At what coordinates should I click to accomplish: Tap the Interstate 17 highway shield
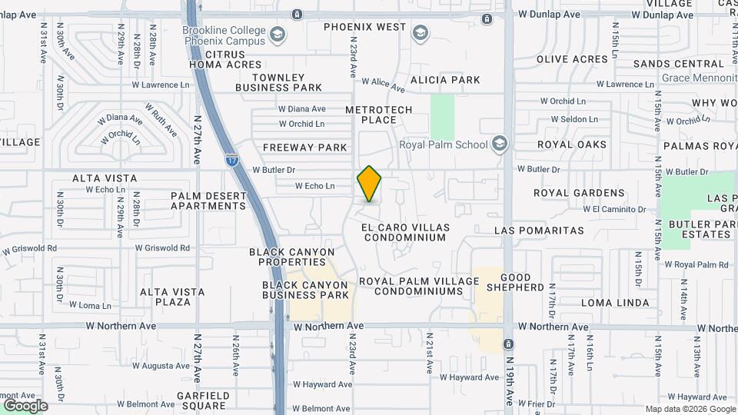tap(232, 161)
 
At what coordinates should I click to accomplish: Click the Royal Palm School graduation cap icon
tap(500, 144)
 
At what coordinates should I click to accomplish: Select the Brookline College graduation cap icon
tap(278, 35)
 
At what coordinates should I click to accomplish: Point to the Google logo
tap(25, 406)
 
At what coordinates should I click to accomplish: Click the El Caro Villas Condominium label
tap(404, 232)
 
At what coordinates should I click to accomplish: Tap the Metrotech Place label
tap(379, 115)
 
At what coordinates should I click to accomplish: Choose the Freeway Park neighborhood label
tap(305, 147)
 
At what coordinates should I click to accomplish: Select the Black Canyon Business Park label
tap(305, 290)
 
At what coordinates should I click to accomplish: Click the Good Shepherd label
tap(522, 282)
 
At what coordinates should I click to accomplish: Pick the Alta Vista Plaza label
tap(172, 297)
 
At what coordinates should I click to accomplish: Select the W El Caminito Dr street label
tap(614, 209)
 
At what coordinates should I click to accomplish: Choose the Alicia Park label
tap(445, 80)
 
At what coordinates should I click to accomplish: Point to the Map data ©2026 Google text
tap(690, 409)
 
